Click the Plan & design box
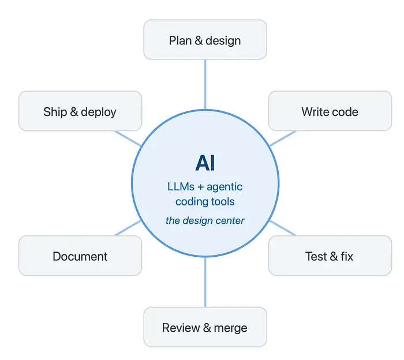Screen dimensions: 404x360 click(x=205, y=39)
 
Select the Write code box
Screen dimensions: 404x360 click(x=330, y=111)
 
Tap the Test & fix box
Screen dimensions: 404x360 click(x=330, y=256)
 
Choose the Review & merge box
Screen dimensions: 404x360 click(x=205, y=327)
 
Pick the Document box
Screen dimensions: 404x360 click(x=80, y=256)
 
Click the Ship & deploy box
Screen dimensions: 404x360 click(x=80, y=111)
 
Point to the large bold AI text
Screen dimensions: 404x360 click(x=205, y=163)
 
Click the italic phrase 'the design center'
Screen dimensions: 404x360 click(x=205, y=220)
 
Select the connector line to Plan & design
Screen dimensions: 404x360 click(x=205, y=85)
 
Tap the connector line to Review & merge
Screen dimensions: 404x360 click(x=205, y=282)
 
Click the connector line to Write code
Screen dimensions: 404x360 click(x=283, y=138)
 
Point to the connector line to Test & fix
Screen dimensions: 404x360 click(x=283, y=228)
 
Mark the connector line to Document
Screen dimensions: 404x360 click(x=128, y=228)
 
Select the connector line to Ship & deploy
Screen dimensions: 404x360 click(x=128, y=138)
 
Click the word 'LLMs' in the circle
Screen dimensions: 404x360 click(x=181, y=187)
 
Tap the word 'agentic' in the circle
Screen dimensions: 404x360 click(x=225, y=187)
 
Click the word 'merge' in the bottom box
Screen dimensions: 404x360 click(x=231, y=328)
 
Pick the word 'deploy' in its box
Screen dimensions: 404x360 click(x=99, y=112)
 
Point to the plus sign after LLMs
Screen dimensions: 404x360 click(x=200, y=187)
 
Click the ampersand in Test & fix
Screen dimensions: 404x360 click(x=334, y=256)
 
